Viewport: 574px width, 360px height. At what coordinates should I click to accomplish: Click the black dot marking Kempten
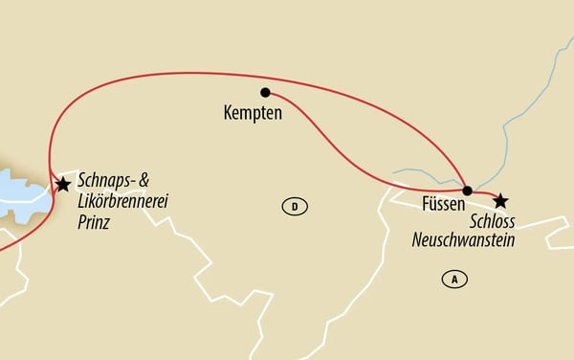(265, 93)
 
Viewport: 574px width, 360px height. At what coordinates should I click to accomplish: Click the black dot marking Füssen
(467, 190)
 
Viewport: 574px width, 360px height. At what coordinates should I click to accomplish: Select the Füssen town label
(443, 204)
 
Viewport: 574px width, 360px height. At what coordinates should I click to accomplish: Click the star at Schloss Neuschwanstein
(499, 200)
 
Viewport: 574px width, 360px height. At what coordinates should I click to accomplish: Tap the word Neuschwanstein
(463, 241)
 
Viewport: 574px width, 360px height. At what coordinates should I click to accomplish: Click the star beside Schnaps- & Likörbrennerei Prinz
(63, 184)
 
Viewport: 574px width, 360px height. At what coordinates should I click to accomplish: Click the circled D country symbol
(295, 206)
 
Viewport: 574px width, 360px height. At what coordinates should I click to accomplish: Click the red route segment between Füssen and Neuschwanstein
(483, 194)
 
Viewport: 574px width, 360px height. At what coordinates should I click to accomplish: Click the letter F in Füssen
(424, 204)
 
